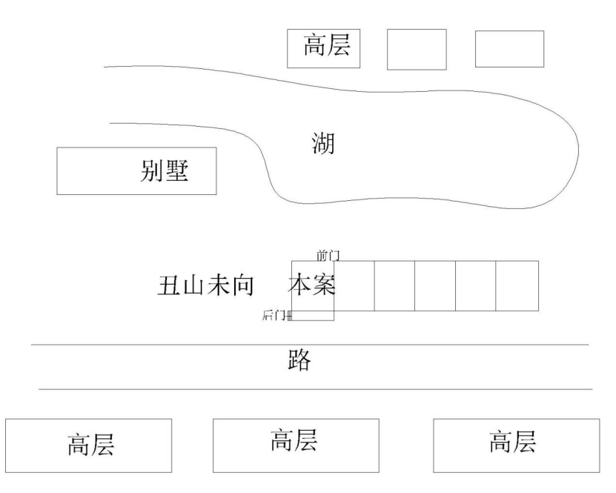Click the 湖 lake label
tap(323, 142)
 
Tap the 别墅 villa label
tap(165, 171)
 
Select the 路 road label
tap(299, 361)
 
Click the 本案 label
tap(312, 285)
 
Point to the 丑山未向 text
tap(206, 286)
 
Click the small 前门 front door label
tap(328, 255)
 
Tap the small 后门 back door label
tap(275, 316)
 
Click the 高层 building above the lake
tap(324, 48)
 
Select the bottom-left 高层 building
tap(89, 445)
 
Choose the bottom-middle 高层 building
tap(296, 440)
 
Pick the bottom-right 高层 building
tap(516, 443)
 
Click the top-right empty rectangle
tap(509, 49)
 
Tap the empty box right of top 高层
tap(417, 50)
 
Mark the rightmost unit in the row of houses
tap(517, 285)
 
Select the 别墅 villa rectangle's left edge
tap(58, 171)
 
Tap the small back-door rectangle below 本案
tap(312, 316)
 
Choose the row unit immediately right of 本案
tap(354, 285)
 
